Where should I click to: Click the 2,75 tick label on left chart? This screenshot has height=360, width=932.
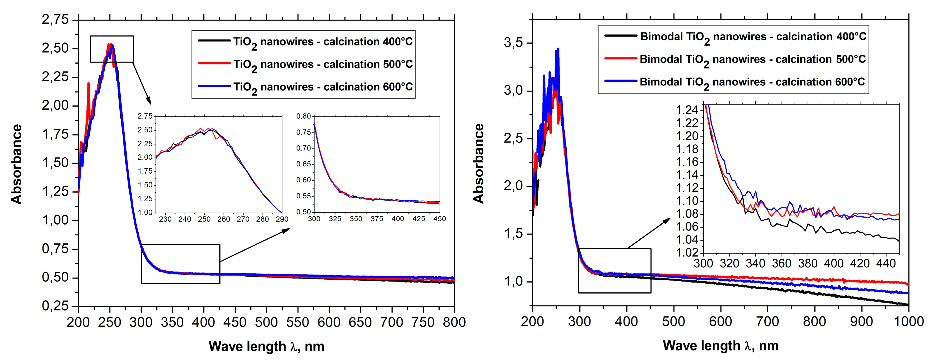click(x=55, y=19)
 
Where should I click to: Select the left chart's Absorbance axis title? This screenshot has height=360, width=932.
click(x=17, y=164)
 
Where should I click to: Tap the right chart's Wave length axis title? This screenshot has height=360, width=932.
click(x=720, y=346)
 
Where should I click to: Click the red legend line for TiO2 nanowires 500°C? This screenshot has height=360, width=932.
click(x=214, y=63)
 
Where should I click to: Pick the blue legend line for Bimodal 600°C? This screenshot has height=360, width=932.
click(x=621, y=81)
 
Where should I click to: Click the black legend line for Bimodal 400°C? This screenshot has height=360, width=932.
click(x=621, y=36)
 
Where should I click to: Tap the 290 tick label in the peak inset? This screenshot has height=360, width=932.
click(x=282, y=219)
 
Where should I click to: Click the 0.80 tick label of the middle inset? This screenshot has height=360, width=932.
click(x=303, y=116)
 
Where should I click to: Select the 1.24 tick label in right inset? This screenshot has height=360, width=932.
click(x=687, y=110)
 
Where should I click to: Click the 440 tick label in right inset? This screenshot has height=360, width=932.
click(x=886, y=263)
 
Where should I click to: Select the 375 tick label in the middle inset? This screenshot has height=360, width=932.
click(x=377, y=219)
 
